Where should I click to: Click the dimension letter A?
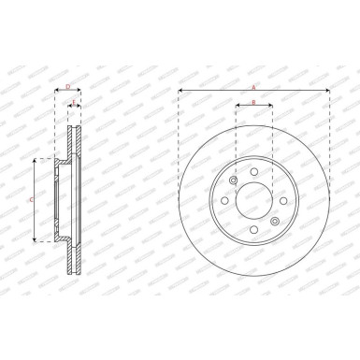[x=253, y=86]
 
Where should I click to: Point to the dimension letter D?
[x=68, y=86]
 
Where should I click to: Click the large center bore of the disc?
[x=253, y=202]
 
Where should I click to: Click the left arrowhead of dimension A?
[x=180, y=92]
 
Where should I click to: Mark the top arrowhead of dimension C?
[x=36, y=162]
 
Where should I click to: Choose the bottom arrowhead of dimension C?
[x=36, y=240]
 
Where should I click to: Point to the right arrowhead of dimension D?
[x=80, y=92]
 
